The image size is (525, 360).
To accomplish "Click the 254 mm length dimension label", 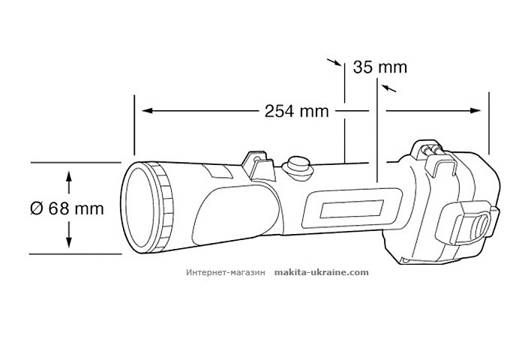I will coord(297,111).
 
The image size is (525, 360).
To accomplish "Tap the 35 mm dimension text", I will coord(380,67).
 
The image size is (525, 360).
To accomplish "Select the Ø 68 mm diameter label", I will coord(67,208).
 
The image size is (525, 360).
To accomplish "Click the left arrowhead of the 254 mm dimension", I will coord(144,111).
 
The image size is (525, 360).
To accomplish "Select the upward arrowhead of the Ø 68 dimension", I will coord(69,175).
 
